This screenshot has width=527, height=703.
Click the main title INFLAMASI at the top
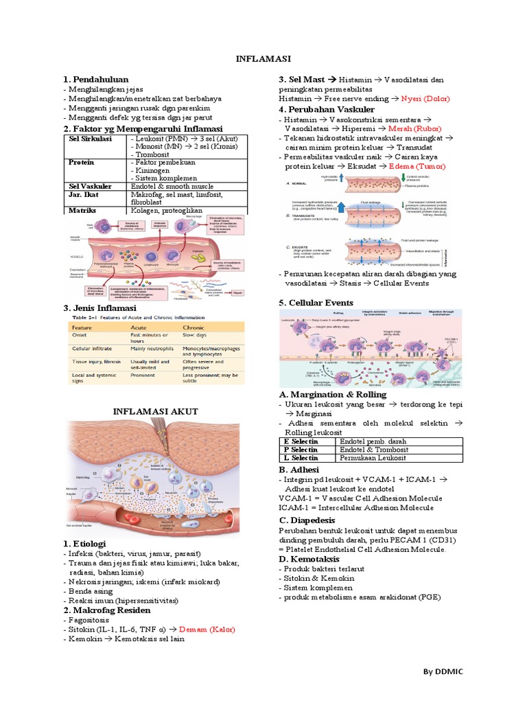tap(264, 59)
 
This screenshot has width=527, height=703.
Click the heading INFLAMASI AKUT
tap(155, 411)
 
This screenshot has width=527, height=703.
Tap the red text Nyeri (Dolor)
tap(425, 99)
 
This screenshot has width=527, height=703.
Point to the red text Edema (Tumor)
tap(413, 167)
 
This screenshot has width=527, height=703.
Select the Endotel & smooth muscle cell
tap(172, 186)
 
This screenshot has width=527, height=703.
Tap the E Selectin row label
tap(300, 441)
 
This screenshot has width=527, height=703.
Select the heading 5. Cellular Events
tap(316, 303)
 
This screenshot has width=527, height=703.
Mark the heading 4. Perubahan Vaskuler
tap(327, 109)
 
